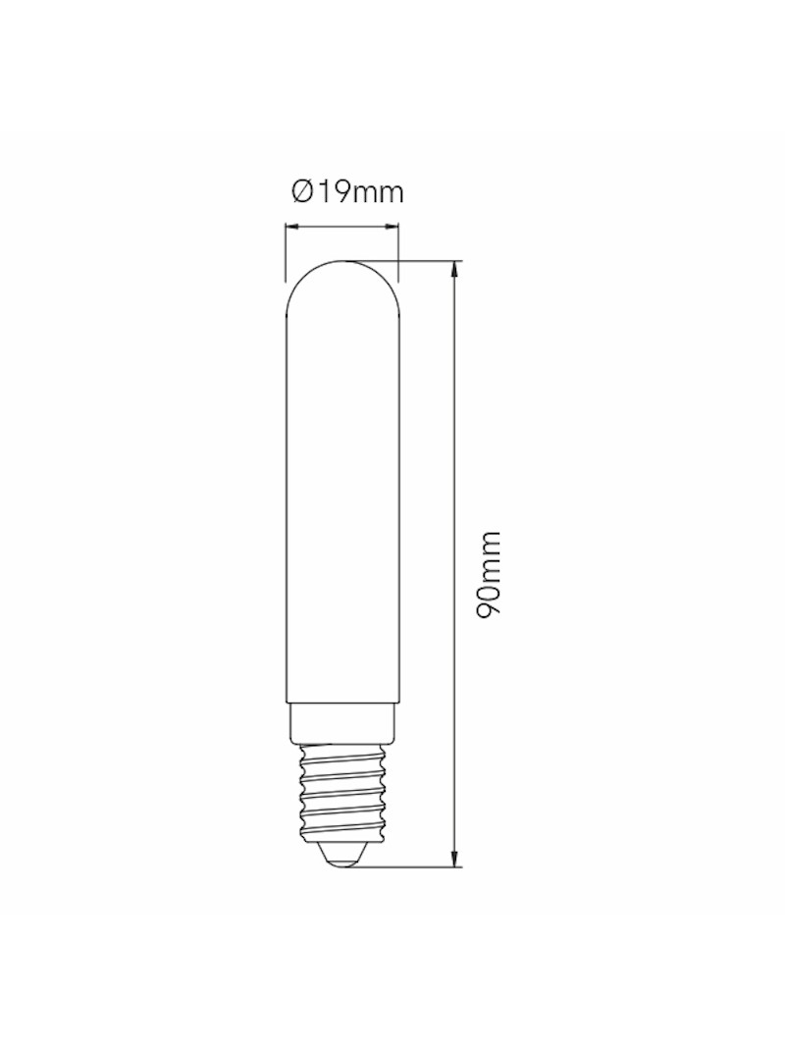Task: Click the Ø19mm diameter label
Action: coord(346,192)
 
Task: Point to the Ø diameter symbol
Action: coord(301,192)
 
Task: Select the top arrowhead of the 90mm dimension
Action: coord(454,268)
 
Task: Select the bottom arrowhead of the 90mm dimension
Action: coord(454,860)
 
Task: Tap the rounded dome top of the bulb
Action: coord(341,281)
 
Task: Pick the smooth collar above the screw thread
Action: coord(341,724)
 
